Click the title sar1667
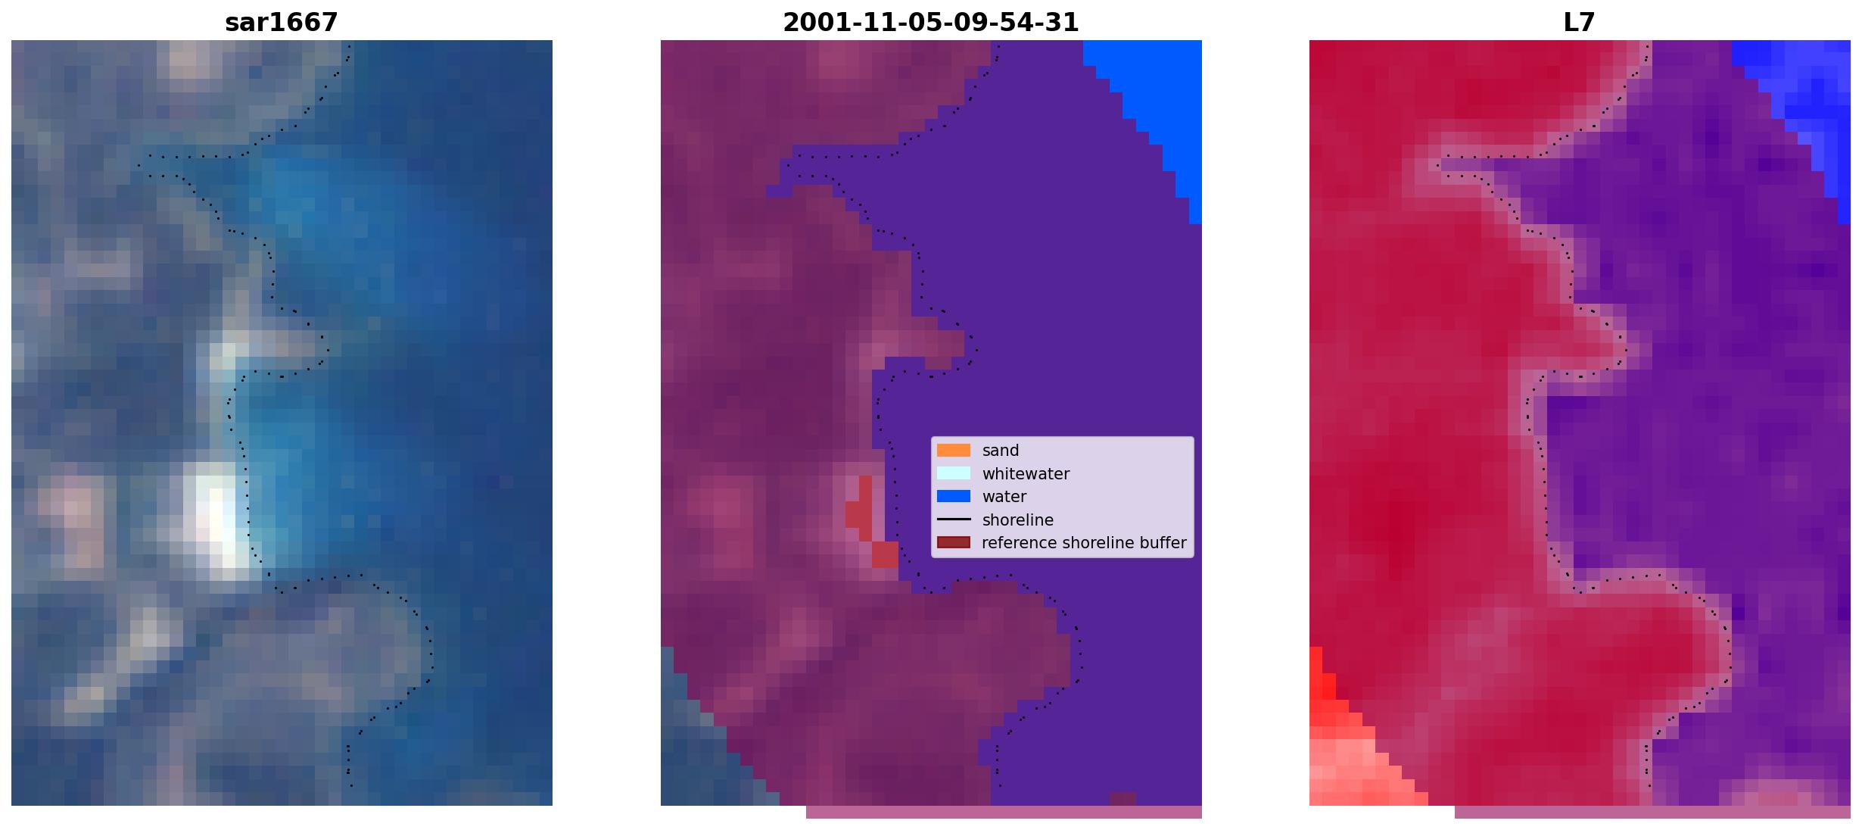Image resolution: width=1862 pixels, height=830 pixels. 281,23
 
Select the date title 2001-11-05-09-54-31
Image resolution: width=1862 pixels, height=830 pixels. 930,23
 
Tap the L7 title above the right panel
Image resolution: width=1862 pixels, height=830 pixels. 1579,23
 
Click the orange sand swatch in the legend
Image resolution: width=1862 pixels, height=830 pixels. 954,451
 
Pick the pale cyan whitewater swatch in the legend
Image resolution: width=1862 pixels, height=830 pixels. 954,473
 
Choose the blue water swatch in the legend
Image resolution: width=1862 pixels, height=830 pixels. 954,497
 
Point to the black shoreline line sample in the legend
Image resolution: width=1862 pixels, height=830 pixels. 954,520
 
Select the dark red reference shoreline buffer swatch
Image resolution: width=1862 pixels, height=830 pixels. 954,543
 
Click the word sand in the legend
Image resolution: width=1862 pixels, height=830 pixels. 1001,451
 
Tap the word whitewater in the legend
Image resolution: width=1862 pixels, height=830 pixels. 1026,474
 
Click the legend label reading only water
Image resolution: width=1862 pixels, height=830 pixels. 1004,497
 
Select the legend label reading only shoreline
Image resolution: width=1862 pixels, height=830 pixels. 1017,520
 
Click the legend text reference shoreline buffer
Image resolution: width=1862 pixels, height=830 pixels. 1084,543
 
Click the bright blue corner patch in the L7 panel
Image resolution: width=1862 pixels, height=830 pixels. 1809,98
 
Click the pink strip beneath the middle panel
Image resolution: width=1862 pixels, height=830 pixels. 1004,812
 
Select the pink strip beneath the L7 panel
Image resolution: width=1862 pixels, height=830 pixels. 1652,812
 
